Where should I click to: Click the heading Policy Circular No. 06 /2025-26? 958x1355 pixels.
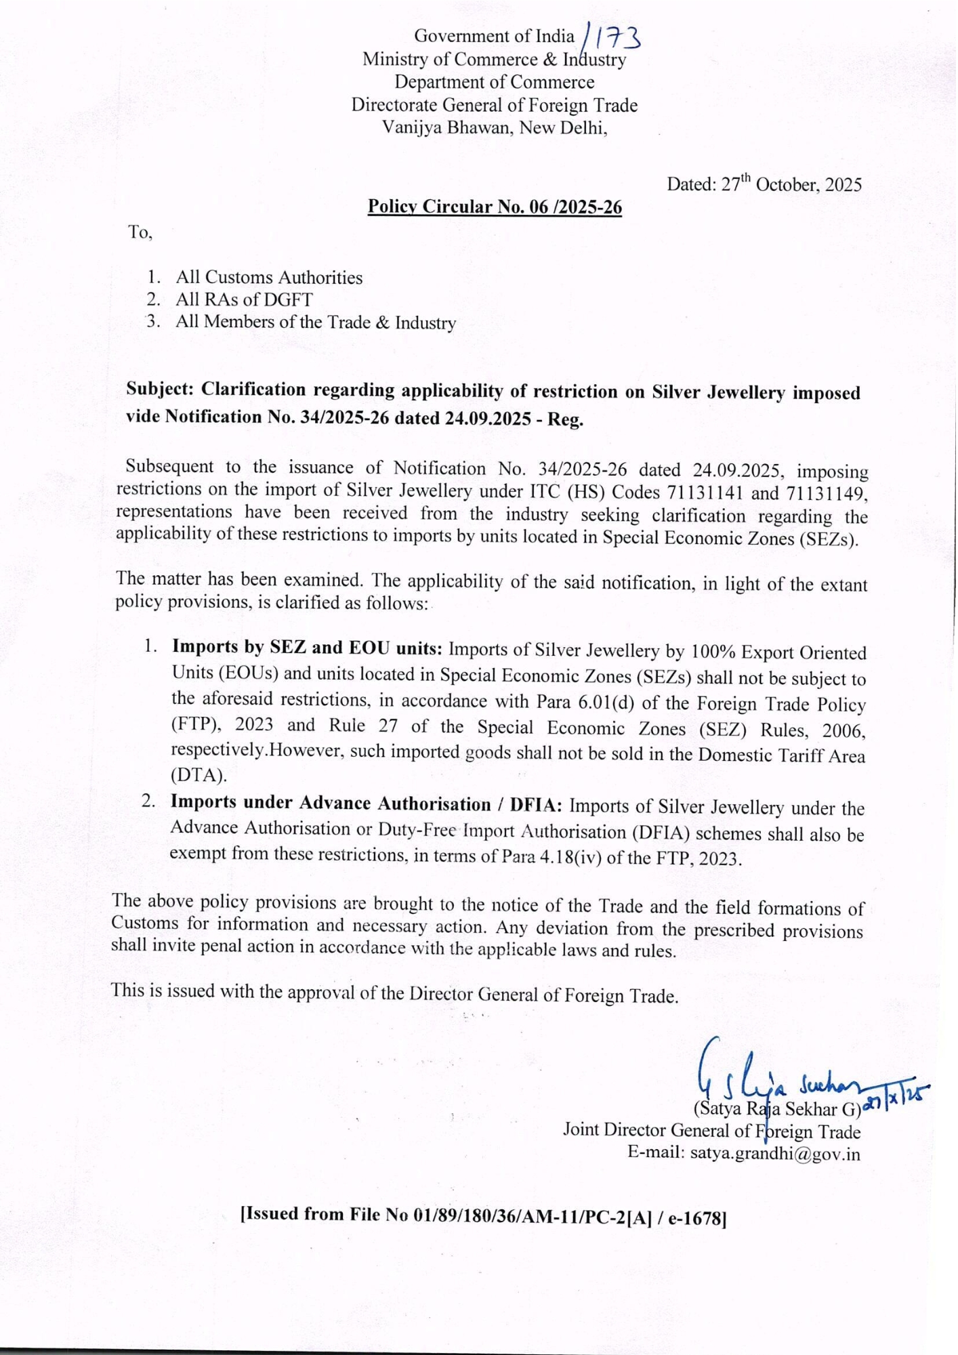click(x=495, y=207)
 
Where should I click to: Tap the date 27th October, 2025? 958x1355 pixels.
click(x=764, y=184)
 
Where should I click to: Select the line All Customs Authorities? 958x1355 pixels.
click(x=269, y=277)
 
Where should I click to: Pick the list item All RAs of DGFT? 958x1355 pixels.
click(x=244, y=299)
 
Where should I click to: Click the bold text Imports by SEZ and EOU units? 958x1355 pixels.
click(x=307, y=648)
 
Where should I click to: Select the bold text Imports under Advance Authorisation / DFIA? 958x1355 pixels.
click(x=366, y=804)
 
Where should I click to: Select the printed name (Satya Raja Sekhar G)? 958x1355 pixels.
click(x=776, y=1109)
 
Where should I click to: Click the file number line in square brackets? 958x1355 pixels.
click(x=484, y=1215)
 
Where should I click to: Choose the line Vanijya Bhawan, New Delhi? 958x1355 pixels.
click(x=495, y=127)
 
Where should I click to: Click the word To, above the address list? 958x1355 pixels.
click(x=140, y=232)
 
